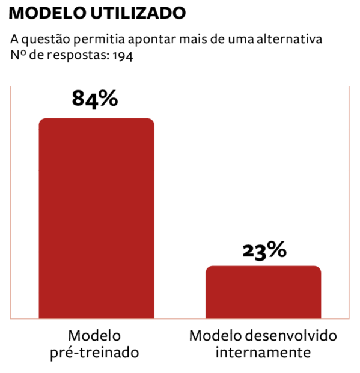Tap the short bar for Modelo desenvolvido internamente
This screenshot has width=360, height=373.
coord(263,292)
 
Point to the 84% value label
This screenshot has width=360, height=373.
coord(95,99)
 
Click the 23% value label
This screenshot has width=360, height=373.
coord(264,250)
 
